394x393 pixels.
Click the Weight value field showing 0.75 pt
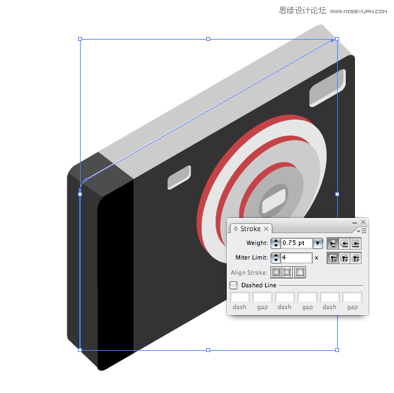pos(297,243)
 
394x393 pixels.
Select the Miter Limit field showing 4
pos(296,258)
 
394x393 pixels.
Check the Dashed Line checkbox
pos(233,285)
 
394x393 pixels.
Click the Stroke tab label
pos(251,229)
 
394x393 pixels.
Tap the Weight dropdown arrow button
pos(317,243)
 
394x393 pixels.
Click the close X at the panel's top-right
pos(363,222)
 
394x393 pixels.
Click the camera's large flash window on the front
pos(327,88)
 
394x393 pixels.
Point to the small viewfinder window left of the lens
pos(179,177)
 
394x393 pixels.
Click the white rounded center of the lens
pos(274,201)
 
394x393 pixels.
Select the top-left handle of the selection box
pos(80,39)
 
